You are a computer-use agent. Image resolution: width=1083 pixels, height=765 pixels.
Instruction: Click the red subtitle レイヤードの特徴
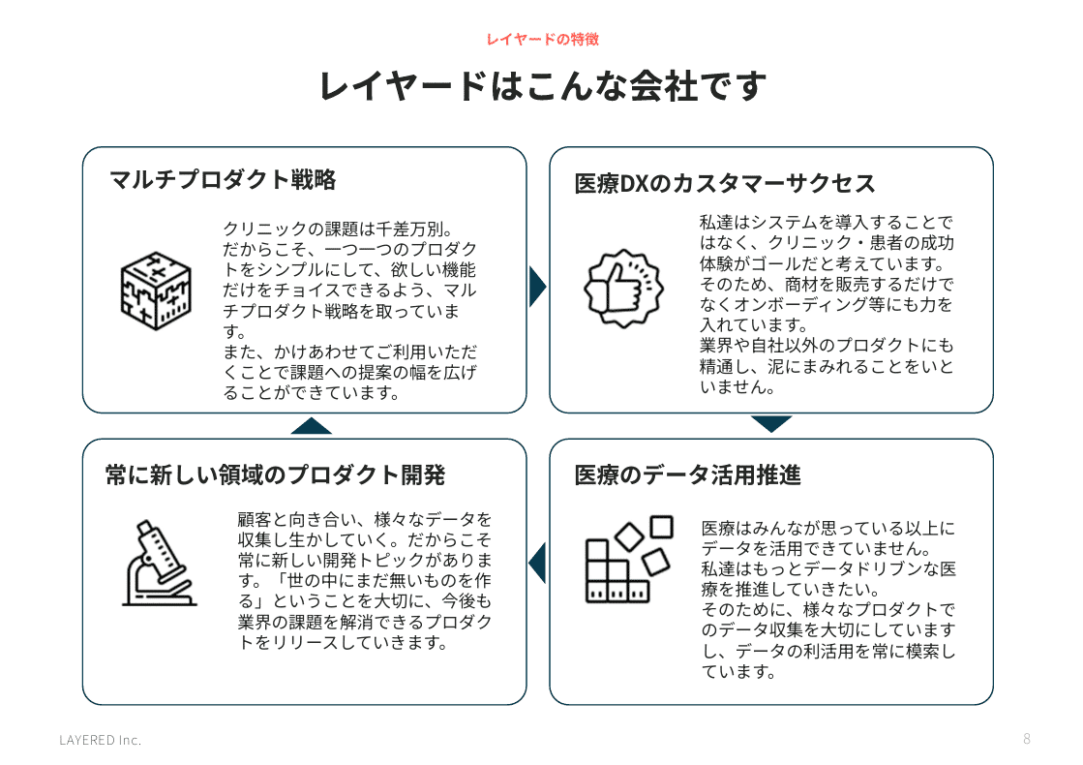[542, 40]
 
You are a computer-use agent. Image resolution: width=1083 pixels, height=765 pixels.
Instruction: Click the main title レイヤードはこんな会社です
[542, 85]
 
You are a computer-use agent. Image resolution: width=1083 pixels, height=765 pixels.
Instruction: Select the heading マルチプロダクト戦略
[223, 180]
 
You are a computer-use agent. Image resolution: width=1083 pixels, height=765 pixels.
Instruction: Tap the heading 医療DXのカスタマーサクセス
[725, 184]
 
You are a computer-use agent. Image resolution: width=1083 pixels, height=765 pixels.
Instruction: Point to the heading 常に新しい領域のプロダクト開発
[275, 475]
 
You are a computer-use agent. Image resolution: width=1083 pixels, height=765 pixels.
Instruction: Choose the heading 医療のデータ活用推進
[687, 475]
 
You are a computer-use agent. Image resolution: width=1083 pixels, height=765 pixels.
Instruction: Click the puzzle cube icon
[156, 291]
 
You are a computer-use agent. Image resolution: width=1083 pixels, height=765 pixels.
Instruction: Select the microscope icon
[160, 564]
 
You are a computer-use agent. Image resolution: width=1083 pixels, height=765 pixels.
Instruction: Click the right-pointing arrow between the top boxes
[537, 286]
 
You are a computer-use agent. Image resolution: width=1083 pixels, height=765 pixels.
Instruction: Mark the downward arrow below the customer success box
[770, 424]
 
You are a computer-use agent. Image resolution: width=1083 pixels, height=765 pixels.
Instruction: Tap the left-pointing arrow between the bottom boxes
[537, 563]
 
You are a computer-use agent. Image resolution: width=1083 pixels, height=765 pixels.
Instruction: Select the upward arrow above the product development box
[311, 426]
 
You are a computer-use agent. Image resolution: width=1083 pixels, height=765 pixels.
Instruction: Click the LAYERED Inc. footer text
[100, 740]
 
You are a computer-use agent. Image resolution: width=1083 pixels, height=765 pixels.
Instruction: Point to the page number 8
[1026, 739]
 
